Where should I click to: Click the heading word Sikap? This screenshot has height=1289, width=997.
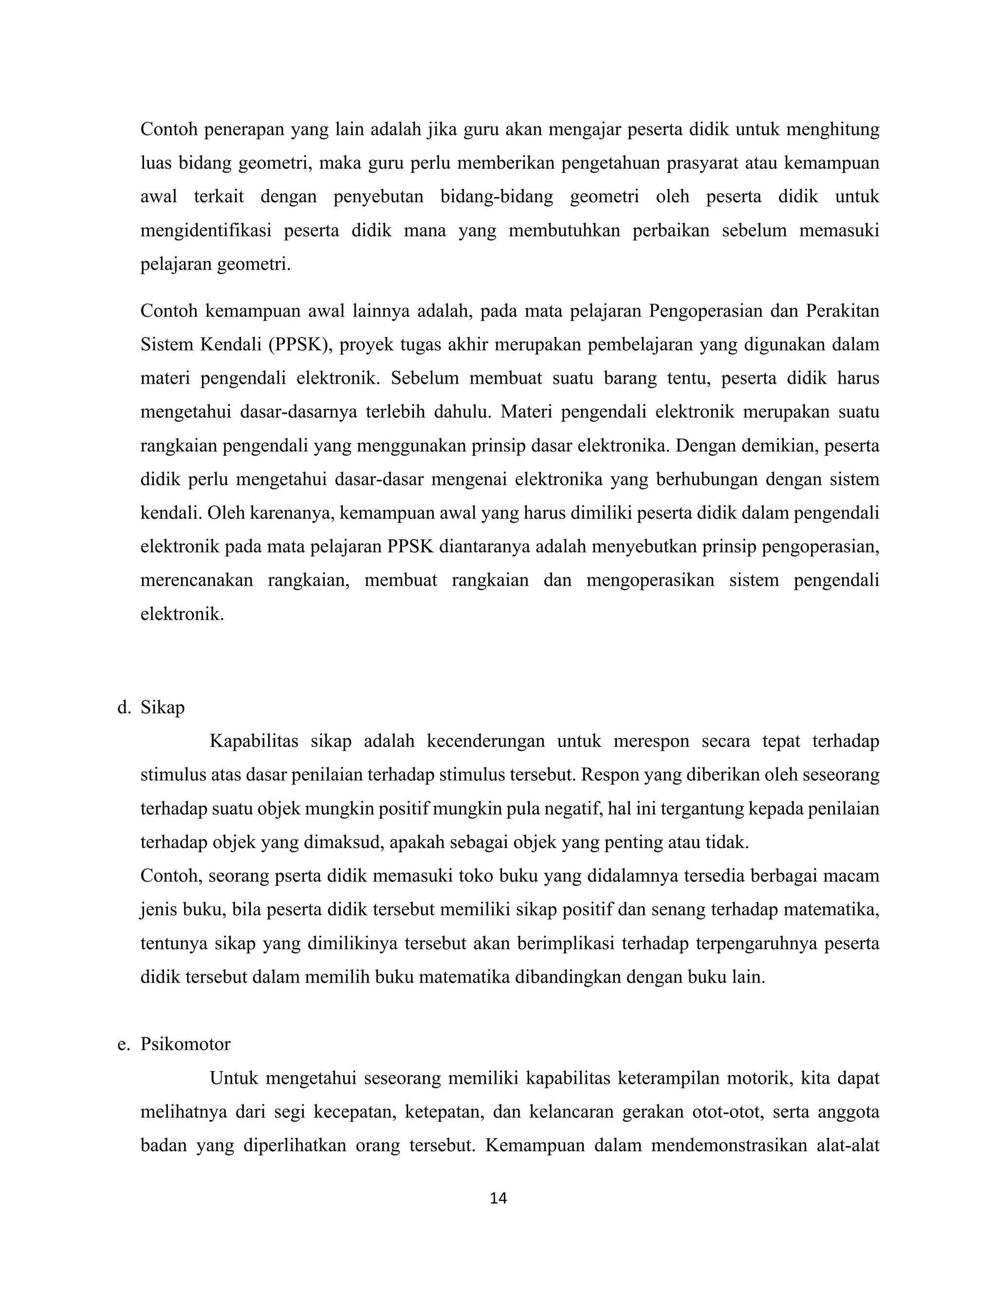click(163, 707)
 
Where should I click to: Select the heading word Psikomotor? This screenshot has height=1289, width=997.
click(185, 1044)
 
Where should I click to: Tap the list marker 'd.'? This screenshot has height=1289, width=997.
click(124, 707)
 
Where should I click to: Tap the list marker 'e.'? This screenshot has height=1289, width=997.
click(124, 1044)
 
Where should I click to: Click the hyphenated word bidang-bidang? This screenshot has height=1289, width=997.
click(497, 197)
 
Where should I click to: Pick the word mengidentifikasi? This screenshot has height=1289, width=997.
click(205, 230)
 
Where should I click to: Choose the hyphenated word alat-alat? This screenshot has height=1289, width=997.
click(848, 1146)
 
